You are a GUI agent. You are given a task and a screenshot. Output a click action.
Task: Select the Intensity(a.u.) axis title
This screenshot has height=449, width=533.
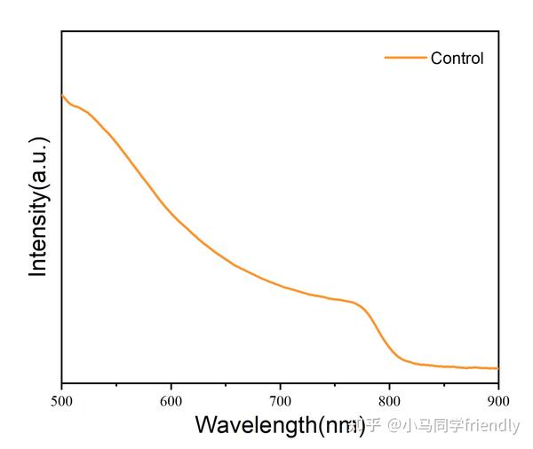pyautogui.click(x=38, y=207)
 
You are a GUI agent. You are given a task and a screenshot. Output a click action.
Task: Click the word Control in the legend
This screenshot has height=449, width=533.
pyautogui.click(x=457, y=59)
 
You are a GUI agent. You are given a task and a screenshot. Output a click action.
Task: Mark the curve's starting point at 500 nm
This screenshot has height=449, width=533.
pyautogui.click(x=62, y=95)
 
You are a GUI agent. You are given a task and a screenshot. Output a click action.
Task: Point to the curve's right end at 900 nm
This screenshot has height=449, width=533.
pyautogui.click(x=497, y=367)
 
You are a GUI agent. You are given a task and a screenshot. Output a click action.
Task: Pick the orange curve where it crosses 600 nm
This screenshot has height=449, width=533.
pyautogui.click(x=171, y=214)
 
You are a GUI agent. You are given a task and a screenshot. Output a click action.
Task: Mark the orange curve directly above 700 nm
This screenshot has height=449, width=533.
pyautogui.click(x=280, y=285)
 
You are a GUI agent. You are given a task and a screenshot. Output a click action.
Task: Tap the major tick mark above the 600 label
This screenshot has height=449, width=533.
pyautogui.click(x=171, y=381)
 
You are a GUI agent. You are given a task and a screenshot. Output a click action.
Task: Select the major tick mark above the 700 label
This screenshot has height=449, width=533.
pyautogui.click(x=280, y=381)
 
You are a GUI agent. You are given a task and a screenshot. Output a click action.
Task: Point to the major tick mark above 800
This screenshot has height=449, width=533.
pyautogui.click(x=389, y=381)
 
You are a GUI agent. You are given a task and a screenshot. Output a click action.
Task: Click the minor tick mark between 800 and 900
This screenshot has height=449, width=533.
pyautogui.click(x=444, y=382)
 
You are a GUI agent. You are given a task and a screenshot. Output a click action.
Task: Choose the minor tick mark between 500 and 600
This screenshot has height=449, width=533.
pyautogui.click(x=116, y=382)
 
